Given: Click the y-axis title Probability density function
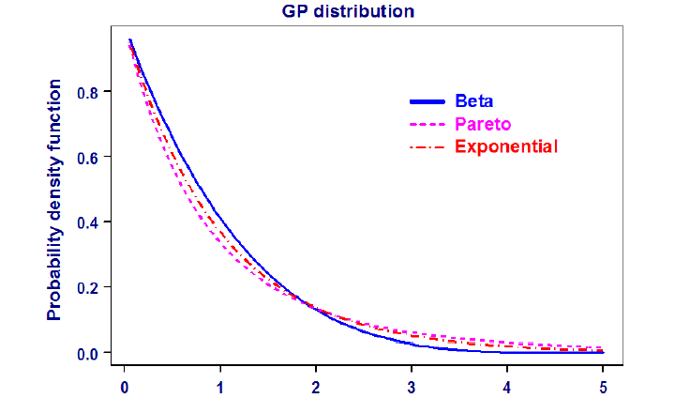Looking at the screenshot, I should (55, 199).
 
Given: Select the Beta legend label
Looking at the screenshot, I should (474, 100).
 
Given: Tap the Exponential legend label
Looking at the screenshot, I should (506, 146).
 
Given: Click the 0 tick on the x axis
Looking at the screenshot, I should (125, 387).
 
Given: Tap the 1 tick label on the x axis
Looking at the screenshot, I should (220, 387).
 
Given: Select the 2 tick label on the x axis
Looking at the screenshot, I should (316, 387).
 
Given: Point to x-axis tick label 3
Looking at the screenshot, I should (412, 387).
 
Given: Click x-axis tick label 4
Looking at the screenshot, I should (507, 387).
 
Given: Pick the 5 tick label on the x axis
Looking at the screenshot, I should (603, 387).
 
